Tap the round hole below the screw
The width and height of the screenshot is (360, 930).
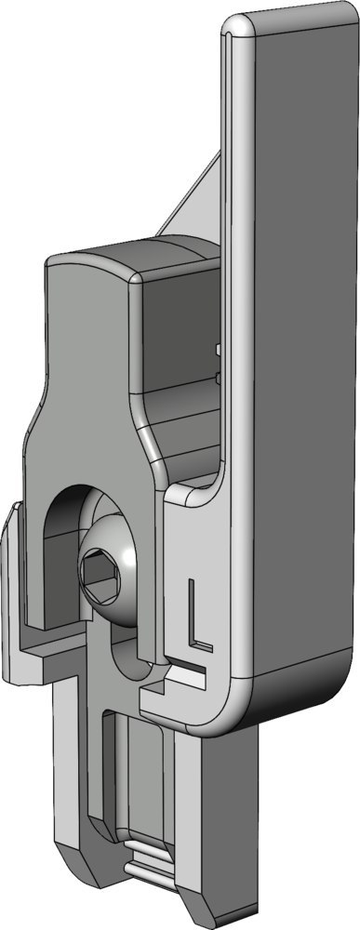pos(128,654)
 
